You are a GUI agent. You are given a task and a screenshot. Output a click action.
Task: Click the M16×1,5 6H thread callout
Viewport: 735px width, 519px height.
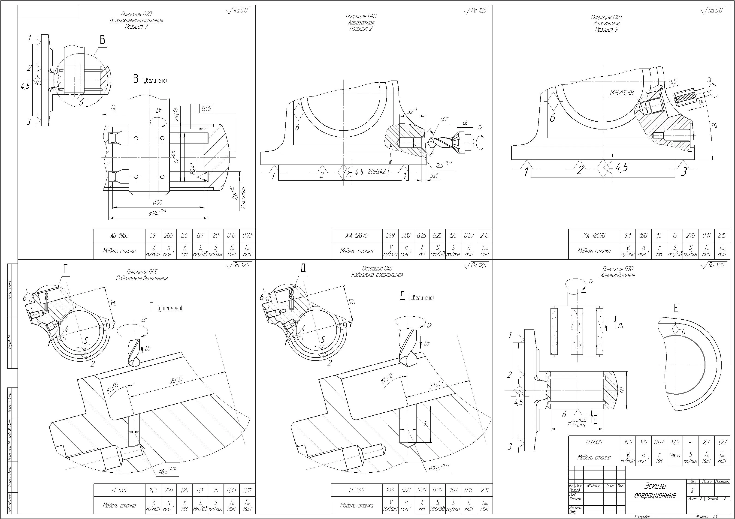622,93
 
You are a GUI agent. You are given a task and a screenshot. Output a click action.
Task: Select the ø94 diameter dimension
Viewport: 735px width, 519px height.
157,213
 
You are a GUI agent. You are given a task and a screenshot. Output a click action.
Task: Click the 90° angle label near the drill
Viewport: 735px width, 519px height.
445,119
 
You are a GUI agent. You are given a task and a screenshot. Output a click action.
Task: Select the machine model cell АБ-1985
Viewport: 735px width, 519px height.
119,236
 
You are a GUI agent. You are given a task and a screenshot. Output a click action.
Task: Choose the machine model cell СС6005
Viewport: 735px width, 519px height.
594,442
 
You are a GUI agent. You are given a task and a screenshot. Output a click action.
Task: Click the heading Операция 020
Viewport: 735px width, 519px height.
136,14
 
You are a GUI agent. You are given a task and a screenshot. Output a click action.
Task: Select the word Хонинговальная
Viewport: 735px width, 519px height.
617,275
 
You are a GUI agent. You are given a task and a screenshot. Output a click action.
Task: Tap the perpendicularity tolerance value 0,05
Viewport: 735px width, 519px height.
206,109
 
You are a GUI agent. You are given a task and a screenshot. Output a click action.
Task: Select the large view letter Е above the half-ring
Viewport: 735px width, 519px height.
676,309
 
